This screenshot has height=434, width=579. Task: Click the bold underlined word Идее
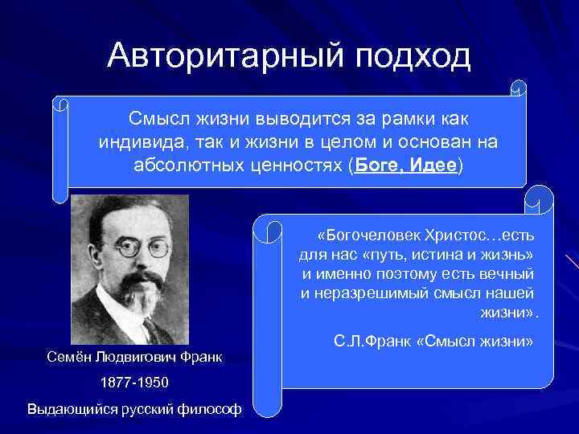pyautogui.click(x=433, y=166)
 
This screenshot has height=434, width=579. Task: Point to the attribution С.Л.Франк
pyautogui.click(x=372, y=342)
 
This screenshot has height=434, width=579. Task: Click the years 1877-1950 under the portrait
pyautogui.click(x=133, y=382)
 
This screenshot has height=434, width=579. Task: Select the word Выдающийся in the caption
pyautogui.click(x=68, y=408)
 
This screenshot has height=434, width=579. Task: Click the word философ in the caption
pyautogui.click(x=212, y=408)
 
